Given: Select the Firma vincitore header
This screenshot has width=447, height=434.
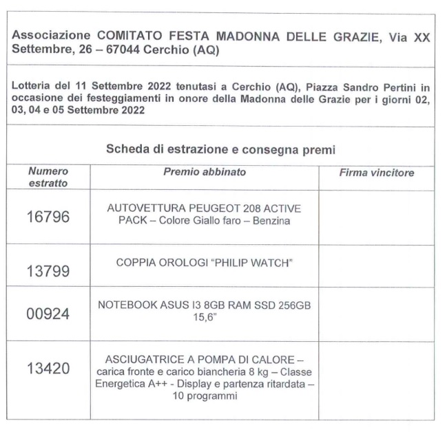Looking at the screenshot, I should coord(376,173).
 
